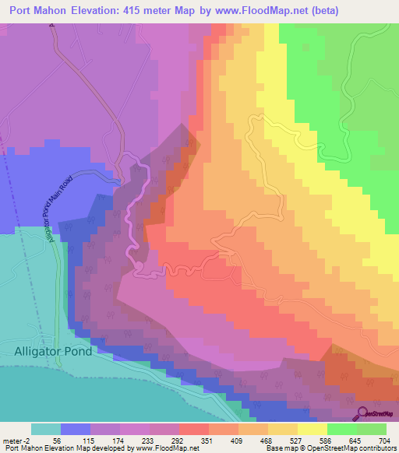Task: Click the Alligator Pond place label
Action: [52, 351]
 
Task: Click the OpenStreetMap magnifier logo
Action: [362, 413]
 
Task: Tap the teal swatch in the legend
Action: [45, 429]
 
